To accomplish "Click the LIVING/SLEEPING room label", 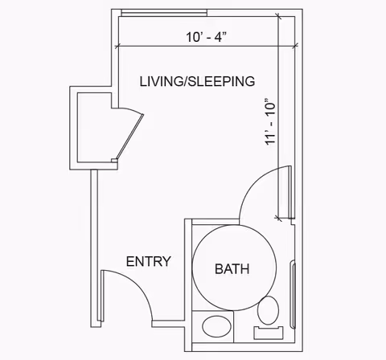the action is click(197, 81).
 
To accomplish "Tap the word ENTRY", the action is click(148, 261).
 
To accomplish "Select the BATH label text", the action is click(232, 269).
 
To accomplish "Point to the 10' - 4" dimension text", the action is click(207, 37).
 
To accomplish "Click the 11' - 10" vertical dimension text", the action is click(270, 122).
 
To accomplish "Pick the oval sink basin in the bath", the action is click(216, 327).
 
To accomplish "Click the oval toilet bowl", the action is click(268, 310).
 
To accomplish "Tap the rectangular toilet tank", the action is click(269, 333).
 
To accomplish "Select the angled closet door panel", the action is click(129, 137).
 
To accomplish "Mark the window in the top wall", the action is click(164, 13).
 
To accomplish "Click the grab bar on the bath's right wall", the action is click(293, 295).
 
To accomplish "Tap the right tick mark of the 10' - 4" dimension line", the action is click(295, 46).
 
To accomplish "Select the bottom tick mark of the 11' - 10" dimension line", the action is click(278, 218).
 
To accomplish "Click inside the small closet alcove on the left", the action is click(94, 127).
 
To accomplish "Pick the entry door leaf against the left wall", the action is click(102, 296).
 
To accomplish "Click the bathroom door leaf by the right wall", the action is click(289, 192).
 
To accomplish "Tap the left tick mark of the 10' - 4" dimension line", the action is click(117, 46).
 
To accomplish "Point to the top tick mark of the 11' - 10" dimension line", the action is click(278, 17).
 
